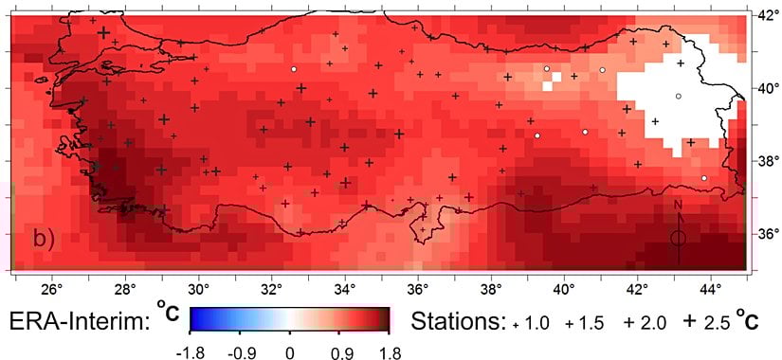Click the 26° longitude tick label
(x=51, y=287)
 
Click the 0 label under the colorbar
(x=291, y=351)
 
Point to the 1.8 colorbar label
(x=389, y=351)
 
